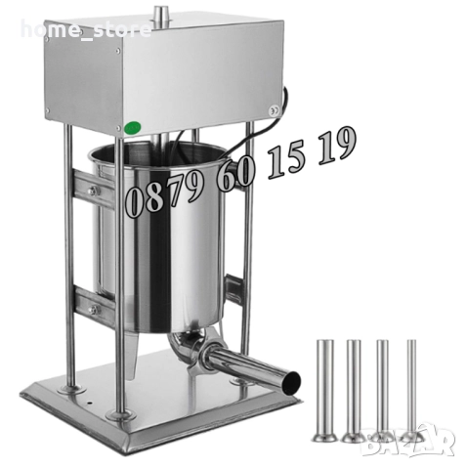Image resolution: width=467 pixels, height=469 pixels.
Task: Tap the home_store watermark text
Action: (86, 29)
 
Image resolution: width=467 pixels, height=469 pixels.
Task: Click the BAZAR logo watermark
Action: (408, 440)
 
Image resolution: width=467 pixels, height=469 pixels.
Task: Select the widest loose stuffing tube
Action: (325, 391)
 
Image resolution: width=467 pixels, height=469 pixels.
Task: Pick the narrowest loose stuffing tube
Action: (411, 391)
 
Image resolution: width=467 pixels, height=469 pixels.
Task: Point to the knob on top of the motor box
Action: (159, 16)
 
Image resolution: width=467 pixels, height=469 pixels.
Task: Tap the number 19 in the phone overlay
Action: (336, 146)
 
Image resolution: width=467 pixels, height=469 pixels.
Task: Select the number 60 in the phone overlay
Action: (235, 173)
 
